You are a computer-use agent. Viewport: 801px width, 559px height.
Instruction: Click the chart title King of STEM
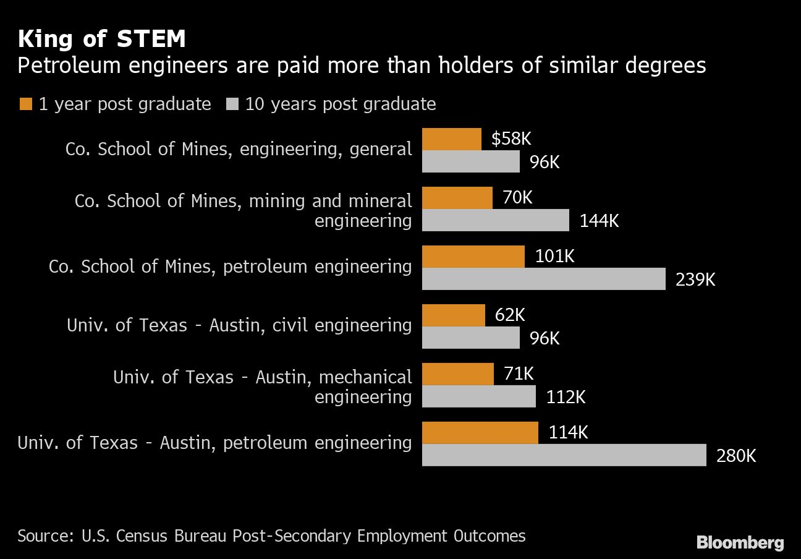pyautogui.click(x=102, y=39)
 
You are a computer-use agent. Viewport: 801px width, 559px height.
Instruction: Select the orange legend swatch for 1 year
pyautogui.click(x=25, y=104)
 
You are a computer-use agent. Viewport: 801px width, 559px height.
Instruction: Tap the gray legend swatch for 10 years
pyautogui.click(x=233, y=104)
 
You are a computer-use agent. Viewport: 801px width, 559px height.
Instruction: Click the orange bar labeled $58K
pyautogui.click(x=451, y=139)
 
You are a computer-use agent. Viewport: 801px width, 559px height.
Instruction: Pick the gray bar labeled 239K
pyautogui.click(x=543, y=279)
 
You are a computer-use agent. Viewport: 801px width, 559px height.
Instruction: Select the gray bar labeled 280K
pyautogui.click(x=564, y=455)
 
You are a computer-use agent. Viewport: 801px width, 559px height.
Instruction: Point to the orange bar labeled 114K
pyautogui.click(x=480, y=433)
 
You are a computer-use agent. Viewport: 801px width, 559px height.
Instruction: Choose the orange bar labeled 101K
pyautogui.click(x=473, y=257)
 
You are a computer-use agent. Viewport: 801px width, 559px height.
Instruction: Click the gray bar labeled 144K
pyautogui.click(x=495, y=220)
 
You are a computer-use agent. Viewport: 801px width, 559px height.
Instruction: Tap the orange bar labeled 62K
pyautogui.click(x=453, y=315)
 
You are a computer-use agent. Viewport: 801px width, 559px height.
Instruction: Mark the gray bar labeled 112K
pyautogui.click(x=478, y=396)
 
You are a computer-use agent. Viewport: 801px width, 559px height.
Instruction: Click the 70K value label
pyautogui.click(x=517, y=197)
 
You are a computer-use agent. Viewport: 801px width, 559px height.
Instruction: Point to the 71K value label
pyautogui.click(x=519, y=373)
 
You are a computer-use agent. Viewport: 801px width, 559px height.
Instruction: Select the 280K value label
pyautogui.click(x=736, y=456)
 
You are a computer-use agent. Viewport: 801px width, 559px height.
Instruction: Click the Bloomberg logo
pyautogui.click(x=740, y=543)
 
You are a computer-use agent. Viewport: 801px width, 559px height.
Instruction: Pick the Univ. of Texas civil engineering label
pyautogui.click(x=239, y=325)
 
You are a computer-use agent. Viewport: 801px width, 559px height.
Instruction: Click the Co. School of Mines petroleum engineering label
pyautogui.click(x=230, y=267)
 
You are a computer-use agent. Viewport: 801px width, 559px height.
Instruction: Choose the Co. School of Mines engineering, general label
pyautogui.click(x=239, y=149)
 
